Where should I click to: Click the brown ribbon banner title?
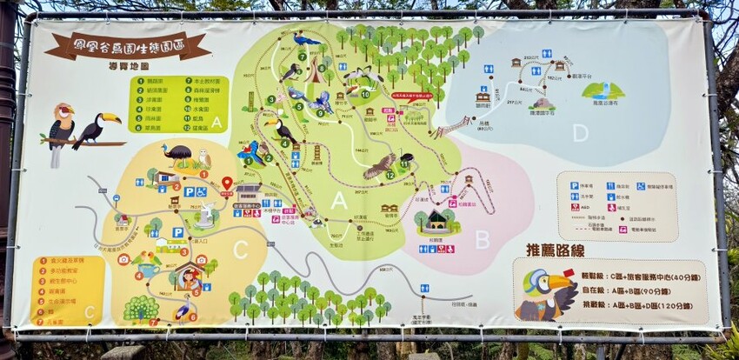[x=128, y=45]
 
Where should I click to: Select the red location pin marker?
[x=227, y=183]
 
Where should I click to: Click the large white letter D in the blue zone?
[x=580, y=133]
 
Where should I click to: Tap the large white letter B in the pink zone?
[x=482, y=237]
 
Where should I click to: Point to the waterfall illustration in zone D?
[x=602, y=90]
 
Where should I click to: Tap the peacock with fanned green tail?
[x=141, y=307]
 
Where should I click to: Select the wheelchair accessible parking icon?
[x=201, y=192]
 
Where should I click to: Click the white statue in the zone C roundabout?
[x=206, y=214]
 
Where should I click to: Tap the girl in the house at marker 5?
[x=190, y=278]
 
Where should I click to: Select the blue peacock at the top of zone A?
[x=305, y=39]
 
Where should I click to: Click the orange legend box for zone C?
[x=69, y=290]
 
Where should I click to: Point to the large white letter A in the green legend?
[x=216, y=122]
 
